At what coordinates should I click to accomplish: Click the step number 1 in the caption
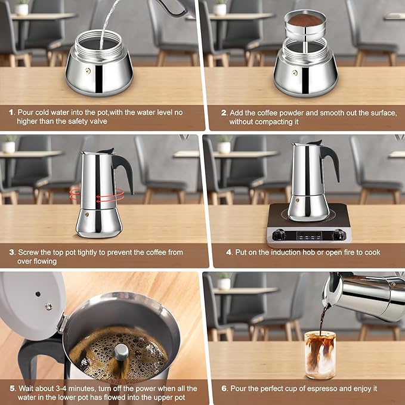(11, 112)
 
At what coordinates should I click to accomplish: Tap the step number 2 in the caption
(224, 112)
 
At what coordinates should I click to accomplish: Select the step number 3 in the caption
(11, 252)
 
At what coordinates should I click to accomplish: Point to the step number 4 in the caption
(229, 252)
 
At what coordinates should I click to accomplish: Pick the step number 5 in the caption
(11, 389)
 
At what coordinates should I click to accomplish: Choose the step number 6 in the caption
(224, 388)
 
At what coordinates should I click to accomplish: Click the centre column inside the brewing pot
(121, 352)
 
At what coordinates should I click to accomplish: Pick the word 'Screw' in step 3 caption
(27, 252)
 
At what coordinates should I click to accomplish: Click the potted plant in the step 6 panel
(224, 280)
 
